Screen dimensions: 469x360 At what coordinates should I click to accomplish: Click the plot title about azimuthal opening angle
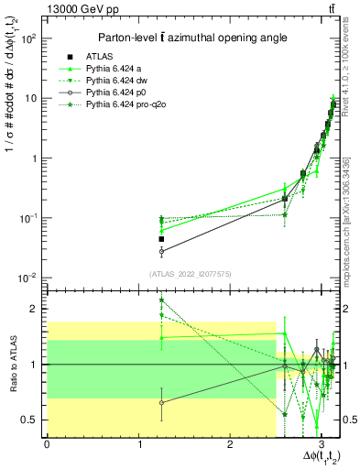(188, 38)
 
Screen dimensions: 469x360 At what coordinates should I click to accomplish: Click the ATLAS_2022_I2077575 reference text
(188, 273)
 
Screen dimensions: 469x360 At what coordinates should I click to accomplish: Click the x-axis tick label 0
(47, 446)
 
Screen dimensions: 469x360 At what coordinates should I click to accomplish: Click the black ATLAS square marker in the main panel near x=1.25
(161, 239)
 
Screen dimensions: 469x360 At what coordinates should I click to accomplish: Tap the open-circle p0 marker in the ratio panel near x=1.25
(161, 402)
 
